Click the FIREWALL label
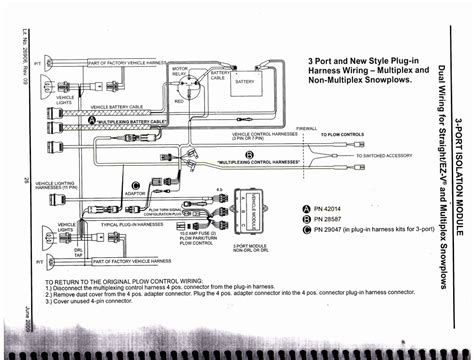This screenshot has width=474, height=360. (x=307, y=128)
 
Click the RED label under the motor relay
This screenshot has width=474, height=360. (x=178, y=101)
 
